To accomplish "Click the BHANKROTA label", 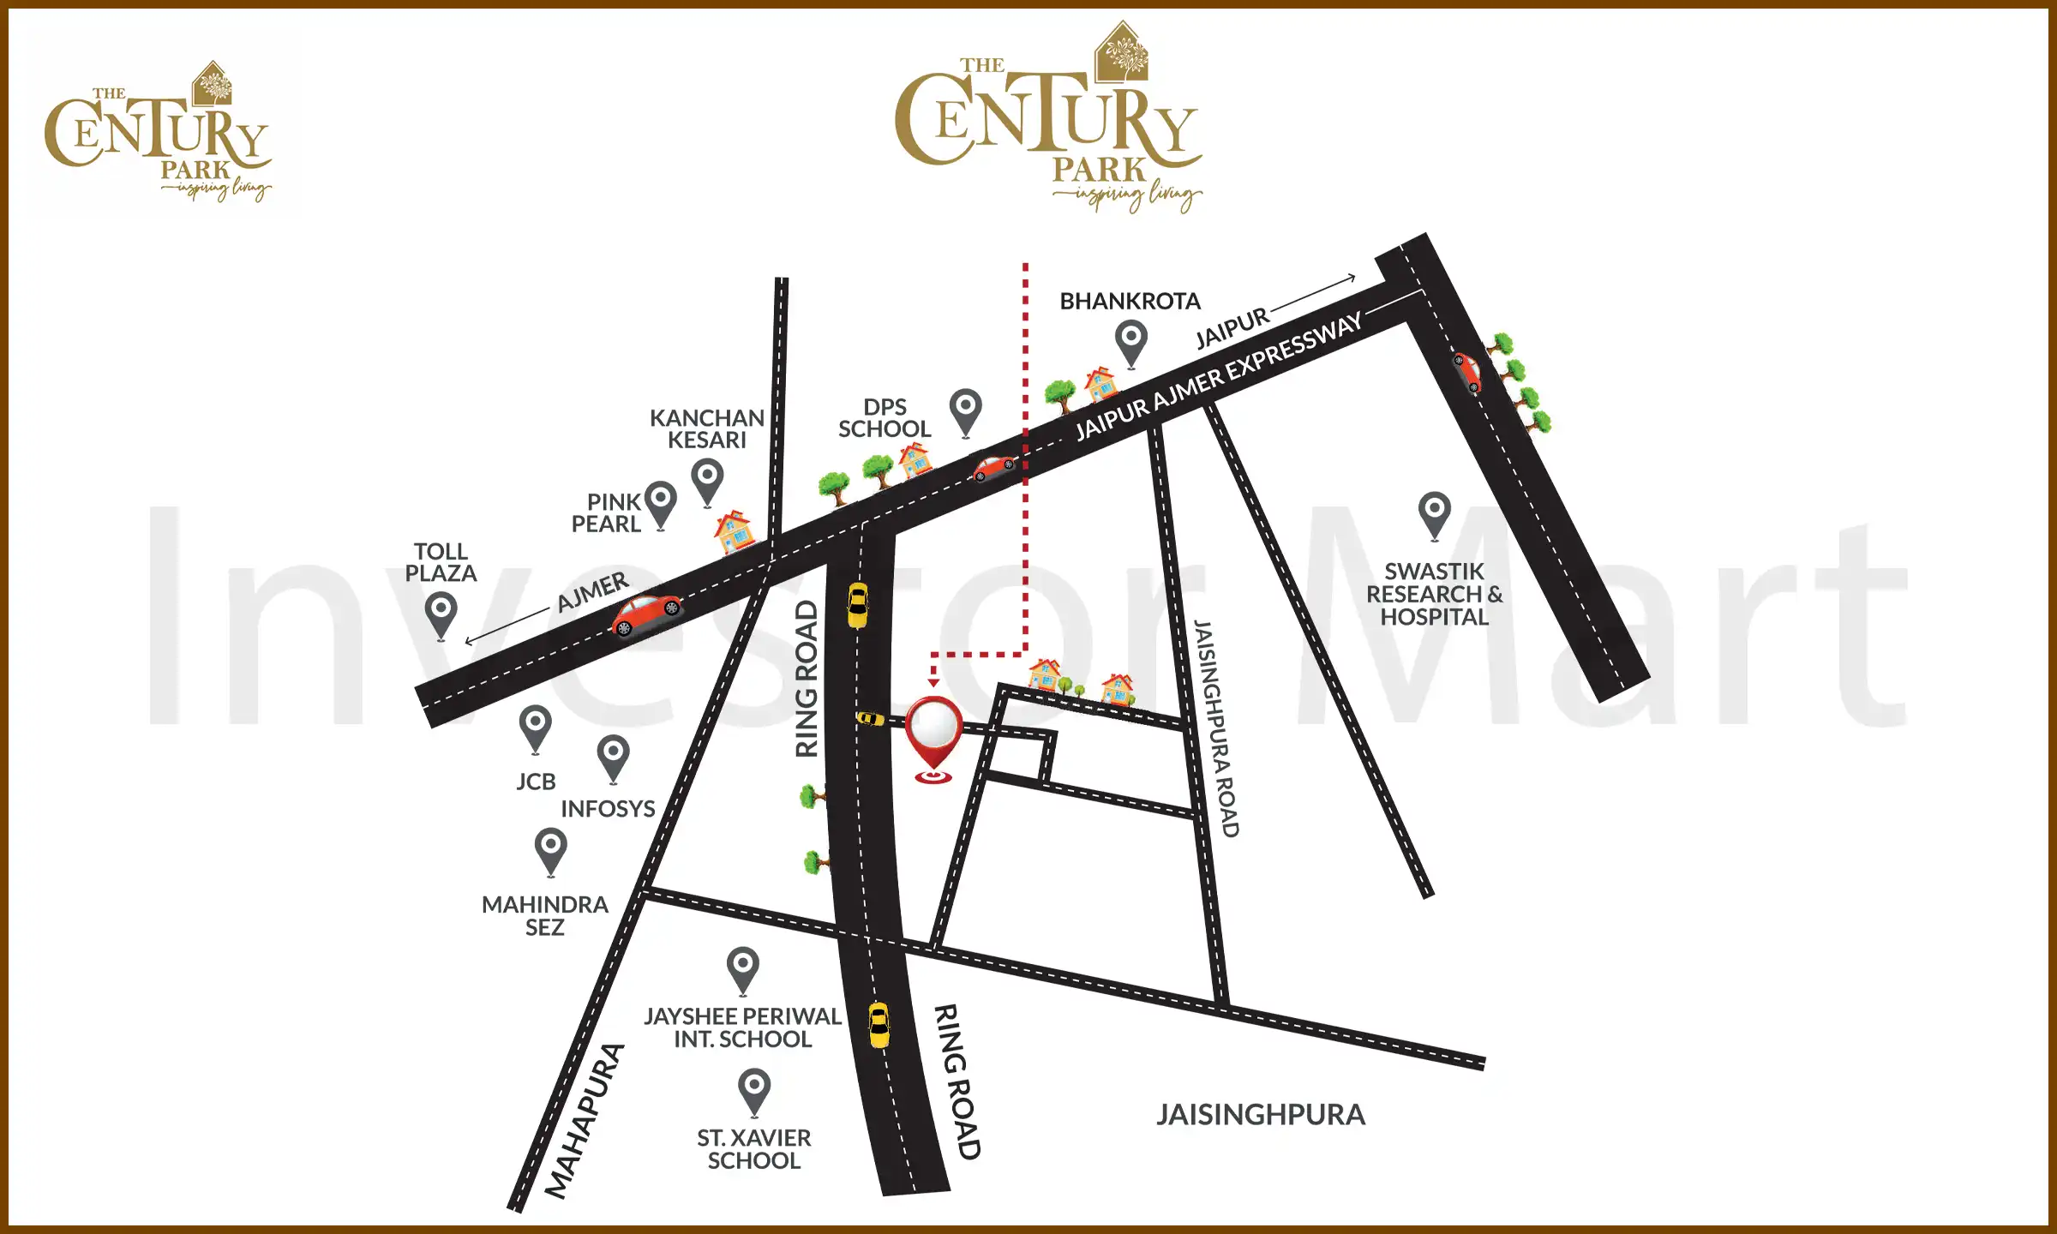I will point(1130,302).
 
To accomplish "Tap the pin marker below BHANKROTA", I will point(1131,341).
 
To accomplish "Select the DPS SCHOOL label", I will point(884,418).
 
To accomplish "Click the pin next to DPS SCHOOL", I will point(966,410).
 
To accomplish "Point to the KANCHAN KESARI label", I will point(706,428).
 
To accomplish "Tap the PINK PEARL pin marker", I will point(661,502).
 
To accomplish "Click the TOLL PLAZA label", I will point(441,562).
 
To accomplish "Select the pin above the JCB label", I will point(536,727).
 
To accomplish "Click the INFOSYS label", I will point(608,809).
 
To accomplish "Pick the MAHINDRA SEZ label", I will point(545,915).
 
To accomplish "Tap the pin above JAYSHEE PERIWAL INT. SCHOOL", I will point(743,968).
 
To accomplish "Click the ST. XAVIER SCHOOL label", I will point(753,1149).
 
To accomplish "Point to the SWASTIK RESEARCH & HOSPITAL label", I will point(1434,594).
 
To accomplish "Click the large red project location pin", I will point(933,734).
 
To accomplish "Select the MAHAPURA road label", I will point(584,1121).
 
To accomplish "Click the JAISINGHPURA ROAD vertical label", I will point(1217,728).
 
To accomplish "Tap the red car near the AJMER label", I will point(646,614).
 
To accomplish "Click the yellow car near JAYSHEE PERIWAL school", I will point(879,1025).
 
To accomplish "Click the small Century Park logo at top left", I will point(159,132).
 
